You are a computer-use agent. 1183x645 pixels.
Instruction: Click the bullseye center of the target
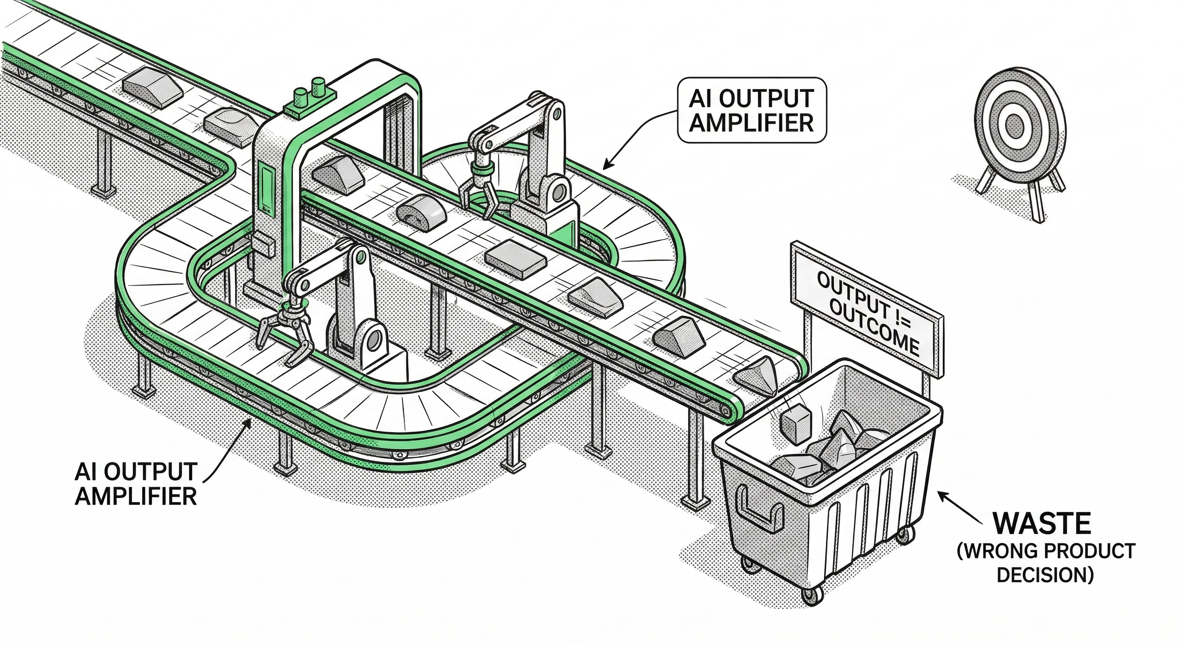pos(1014,124)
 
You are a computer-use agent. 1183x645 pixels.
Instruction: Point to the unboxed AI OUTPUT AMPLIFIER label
pos(137,483)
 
